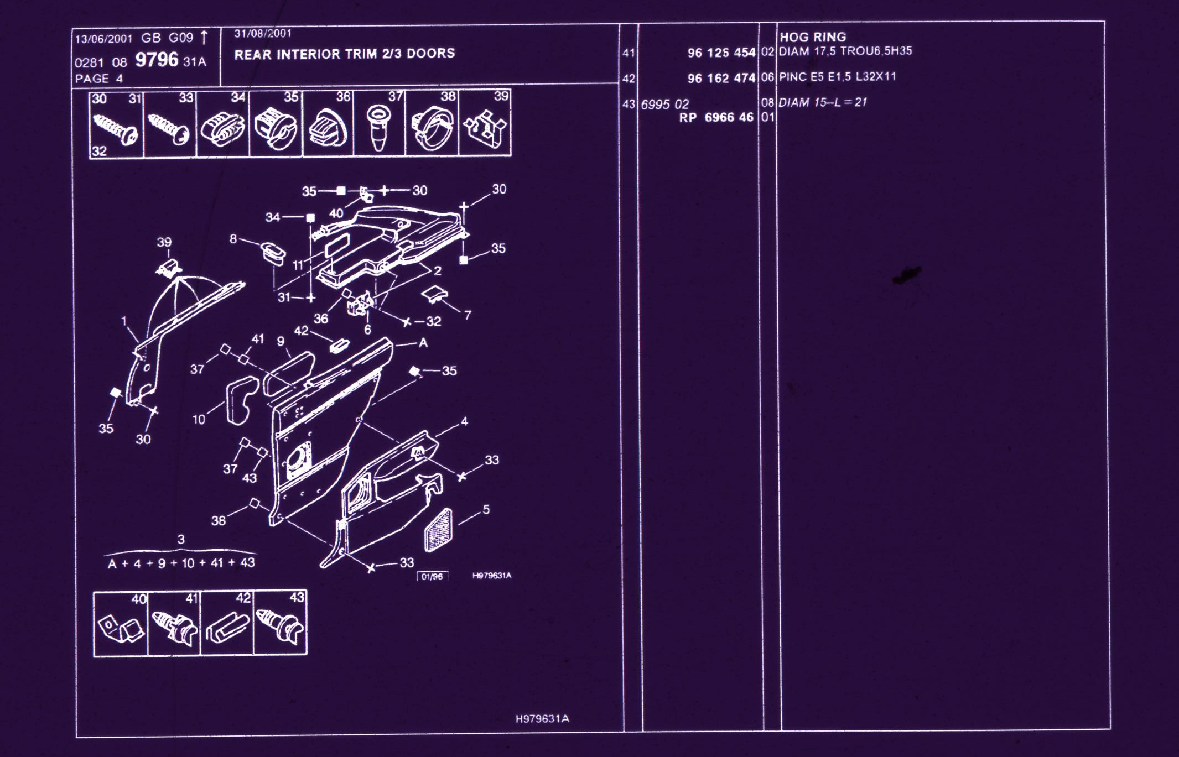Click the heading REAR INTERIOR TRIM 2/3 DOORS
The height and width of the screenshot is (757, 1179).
point(344,54)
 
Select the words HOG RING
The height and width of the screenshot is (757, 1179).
point(812,37)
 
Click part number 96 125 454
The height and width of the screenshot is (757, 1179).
point(721,53)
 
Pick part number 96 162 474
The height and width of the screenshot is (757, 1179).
point(721,78)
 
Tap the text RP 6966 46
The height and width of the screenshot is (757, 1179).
point(716,117)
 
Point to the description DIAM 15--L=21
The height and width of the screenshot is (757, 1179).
point(822,102)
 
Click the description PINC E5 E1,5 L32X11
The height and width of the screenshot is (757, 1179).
point(837,76)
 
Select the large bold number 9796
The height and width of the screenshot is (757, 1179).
point(157,60)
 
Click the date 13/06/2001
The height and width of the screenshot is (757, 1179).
point(104,39)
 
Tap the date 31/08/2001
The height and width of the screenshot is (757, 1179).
point(263,33)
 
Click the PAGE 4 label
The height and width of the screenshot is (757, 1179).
point(99,79)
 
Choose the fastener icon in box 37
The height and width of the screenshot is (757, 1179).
point(378,128)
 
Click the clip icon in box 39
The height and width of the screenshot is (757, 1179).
point(485,130)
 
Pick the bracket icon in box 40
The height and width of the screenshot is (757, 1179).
point(121,629)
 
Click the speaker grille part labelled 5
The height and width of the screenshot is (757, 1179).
point(438,530)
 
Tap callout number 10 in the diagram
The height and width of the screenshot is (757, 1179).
point(199,419)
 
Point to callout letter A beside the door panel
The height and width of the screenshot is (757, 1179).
point(423,343)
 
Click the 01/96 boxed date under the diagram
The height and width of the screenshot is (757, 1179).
point(432,577)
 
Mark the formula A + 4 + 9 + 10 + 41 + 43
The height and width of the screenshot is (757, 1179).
point(181,563)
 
